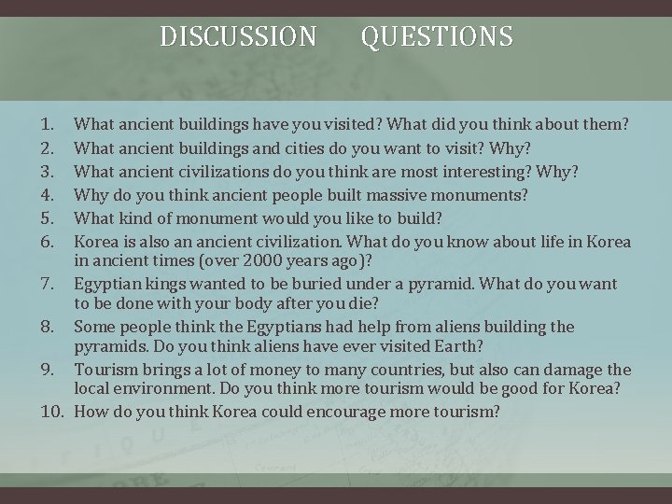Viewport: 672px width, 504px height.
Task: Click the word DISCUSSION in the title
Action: (238, 36)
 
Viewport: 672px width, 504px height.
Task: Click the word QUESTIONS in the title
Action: (437, 36)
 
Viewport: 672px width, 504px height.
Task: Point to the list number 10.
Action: (50, 412)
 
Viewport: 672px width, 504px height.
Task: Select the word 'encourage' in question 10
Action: (344, 412)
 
